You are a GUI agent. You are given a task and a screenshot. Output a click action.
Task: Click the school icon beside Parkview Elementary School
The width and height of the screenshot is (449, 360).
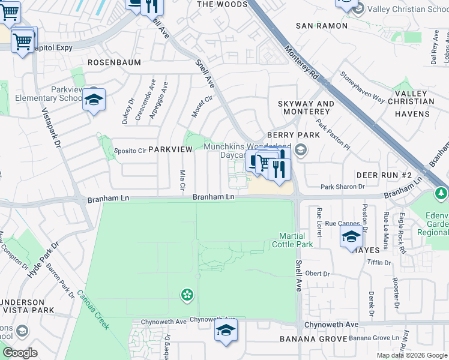[94, 100]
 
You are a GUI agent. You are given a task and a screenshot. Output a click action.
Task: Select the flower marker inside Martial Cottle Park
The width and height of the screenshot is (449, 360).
[187, 294]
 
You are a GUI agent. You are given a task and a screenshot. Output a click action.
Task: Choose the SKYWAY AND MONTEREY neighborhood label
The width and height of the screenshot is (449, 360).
[306, 108]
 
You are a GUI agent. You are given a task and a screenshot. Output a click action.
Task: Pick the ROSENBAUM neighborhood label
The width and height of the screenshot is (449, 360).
[114, 62]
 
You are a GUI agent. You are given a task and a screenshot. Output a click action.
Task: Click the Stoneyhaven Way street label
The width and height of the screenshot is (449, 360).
[363, 88]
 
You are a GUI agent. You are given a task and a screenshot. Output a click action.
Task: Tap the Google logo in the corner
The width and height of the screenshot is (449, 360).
[20, 353]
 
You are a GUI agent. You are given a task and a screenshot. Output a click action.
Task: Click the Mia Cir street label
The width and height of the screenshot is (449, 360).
[182, 181]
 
